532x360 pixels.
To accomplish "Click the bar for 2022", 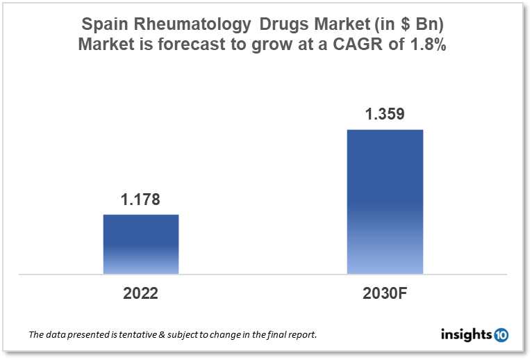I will (x=141, y=244).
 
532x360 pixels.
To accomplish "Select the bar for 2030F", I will (x=384, y=202).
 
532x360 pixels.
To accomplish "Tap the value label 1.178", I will (x=141, y=200).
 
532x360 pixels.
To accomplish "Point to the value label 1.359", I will (x=384, y=115).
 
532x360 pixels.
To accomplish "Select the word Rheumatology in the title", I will (x=189, y=24).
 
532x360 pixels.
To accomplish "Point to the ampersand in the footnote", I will (x=160, y=335).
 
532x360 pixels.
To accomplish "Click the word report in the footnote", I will (x=301, y=335).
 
